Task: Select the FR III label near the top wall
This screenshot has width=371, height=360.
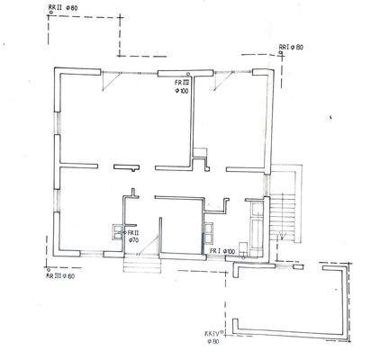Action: coord(183,82)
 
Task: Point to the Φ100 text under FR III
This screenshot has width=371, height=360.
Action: coord(183,90)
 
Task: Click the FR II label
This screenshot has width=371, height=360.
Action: coord(133,234)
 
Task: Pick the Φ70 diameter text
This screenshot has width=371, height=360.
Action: coord(133,241)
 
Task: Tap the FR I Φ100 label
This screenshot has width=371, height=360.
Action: coord(223,251)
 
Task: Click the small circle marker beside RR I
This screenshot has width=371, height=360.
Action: coord(281,53)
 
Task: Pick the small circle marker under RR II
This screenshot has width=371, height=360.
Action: coord(45,22)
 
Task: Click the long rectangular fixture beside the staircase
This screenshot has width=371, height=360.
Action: coord(258,226)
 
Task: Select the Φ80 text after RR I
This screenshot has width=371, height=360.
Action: coord(300,46)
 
